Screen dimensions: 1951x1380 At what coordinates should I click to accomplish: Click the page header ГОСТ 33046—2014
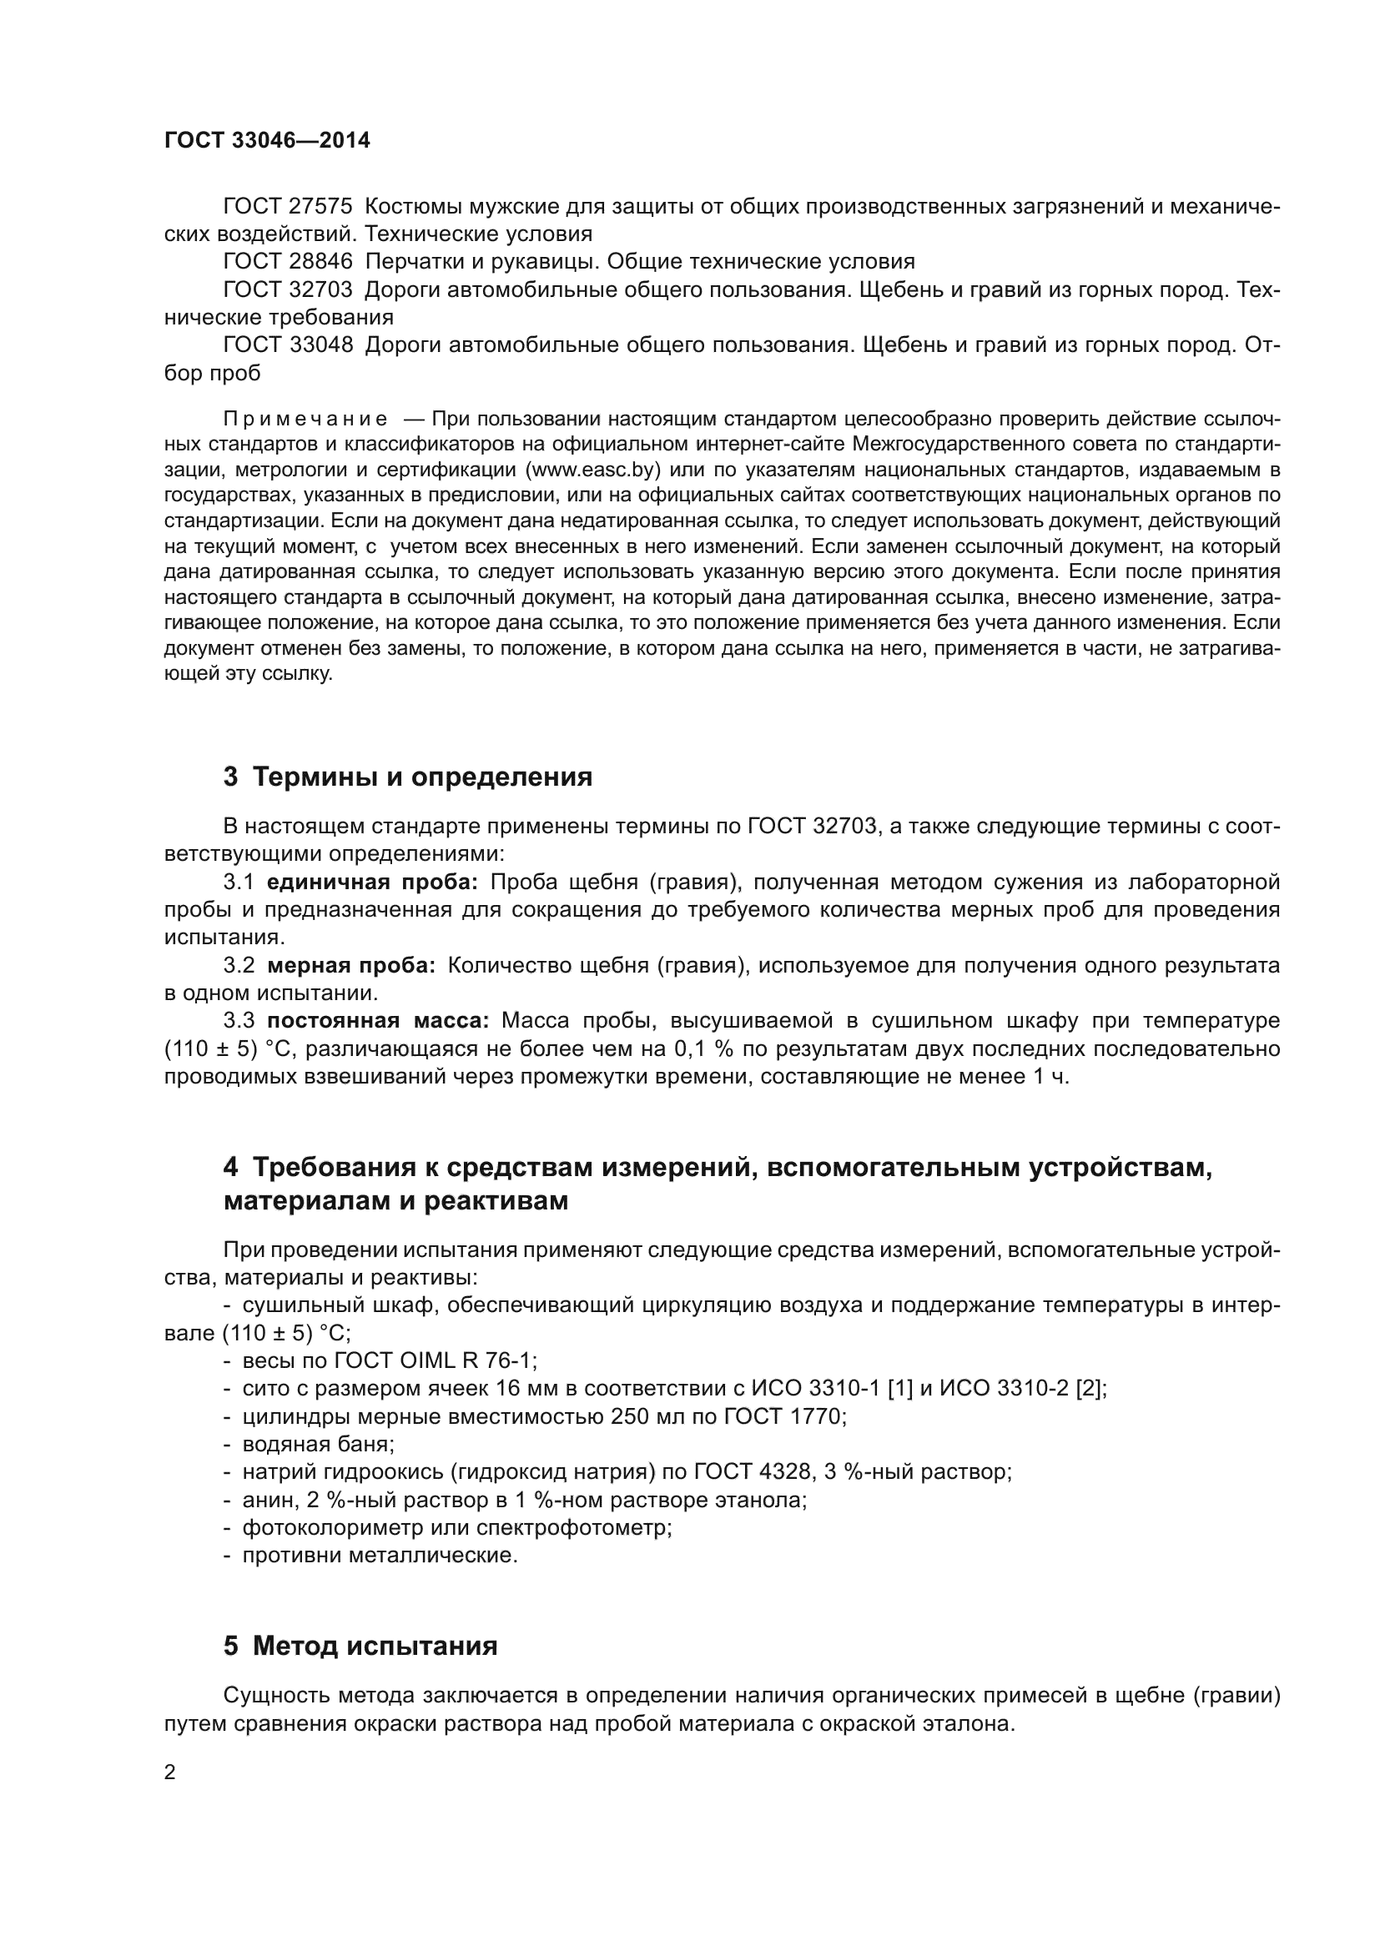pyautogui.click(x=267, y=141)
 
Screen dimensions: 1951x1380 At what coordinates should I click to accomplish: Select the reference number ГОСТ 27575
pyautogui.click(x=287, y=207)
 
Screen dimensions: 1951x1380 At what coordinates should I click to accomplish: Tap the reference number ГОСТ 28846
pyautogui.click(x=287, y=262)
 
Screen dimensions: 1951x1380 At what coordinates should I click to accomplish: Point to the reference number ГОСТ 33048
pyautogui.click(x=287, y=345)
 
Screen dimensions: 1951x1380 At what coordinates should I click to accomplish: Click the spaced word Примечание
pyautogui.click(x=305, y=419)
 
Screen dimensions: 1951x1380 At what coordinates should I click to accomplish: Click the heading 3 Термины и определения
pyautogui.click(x=408, y=777)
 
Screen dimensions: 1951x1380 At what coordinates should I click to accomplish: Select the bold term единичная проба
pyautogui.click(x=372, y=882)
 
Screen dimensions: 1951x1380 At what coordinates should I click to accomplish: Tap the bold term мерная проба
pyautogui.click(x=351, y=965)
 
